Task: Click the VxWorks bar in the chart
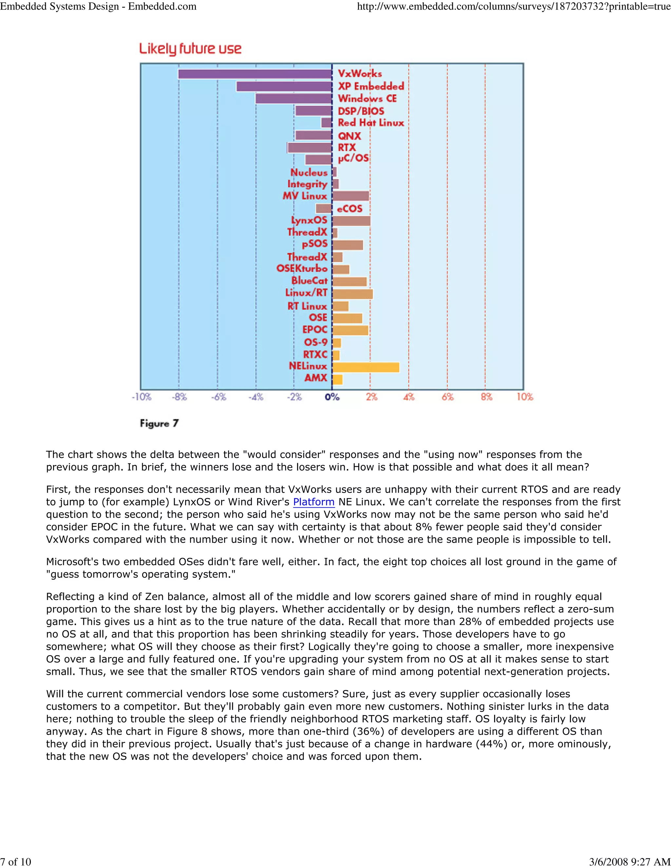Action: pyautogui.click(x=255, y=74)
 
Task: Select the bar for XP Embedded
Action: pyautogui.click(x=284, y=86)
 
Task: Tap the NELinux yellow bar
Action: pyautogui.click(x=366, y=368)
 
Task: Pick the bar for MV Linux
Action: pyautogui.click(x=351, y=196)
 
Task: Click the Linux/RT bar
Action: pyautogui.click(x=353, y=294)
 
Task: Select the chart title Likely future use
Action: pyautogui.click(x=190, y=49)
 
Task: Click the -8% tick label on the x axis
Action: pyautogui.click(x=179, y=397)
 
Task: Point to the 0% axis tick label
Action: pyautogui.click(x=332, y=397)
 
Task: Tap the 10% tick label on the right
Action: pyautogui.click(x=525, y=397)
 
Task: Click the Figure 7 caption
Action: pyautogui.click(x=159, y=424)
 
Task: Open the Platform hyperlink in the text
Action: pyautogui.click(x=314, y=502)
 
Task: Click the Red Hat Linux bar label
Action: pyautogui.click(x=371, y=123)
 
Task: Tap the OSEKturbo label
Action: pyautogui.click(x=302, y=269)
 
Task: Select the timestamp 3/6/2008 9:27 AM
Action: pyautogui.click(x=630, y=861)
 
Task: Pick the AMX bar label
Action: pyautogui.click(x=316, y=378)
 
